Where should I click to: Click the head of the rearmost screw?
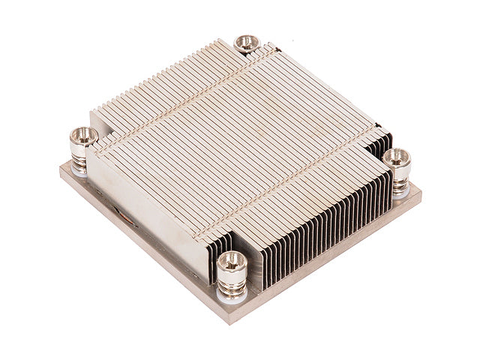(x=246, y=43)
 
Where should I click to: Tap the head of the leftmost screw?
(x=83, y=136)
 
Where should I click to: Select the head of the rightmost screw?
(x=397, y=157)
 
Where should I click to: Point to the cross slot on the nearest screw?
(x=231, y=261)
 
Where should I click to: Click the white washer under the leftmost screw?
(x=79, y=172)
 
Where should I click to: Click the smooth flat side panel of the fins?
(x=150, y=210)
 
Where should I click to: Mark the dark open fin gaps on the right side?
(x=322, y=225)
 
